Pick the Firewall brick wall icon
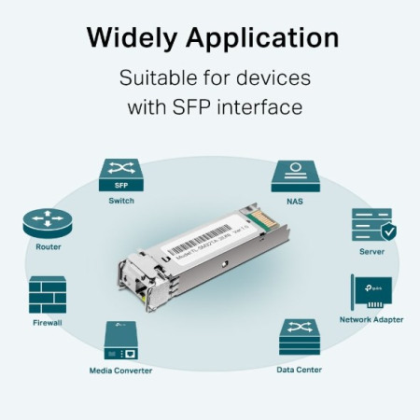[48, 294]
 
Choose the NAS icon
[297, 175]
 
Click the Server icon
[371, 227]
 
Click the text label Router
[49, 247]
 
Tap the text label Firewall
[48, 323]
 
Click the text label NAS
[297, 201]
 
